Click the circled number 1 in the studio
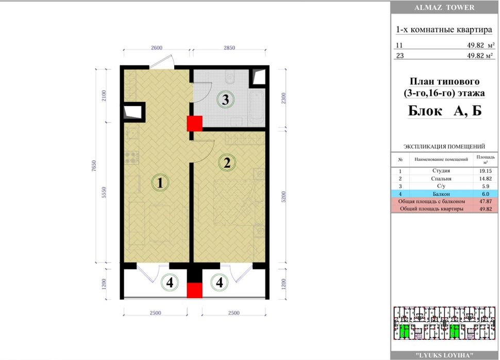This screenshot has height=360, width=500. (x=160, y=183)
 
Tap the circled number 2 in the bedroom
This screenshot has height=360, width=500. (x=227, y=163)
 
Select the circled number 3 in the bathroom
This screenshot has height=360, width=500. (x=225, y=99)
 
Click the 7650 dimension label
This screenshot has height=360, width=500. (x=93, y=166)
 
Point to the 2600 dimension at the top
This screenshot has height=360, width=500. (x=157, y=48)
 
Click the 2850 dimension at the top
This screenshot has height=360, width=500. (x=229, y=48)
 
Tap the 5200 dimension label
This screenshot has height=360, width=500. (x=284, y=197)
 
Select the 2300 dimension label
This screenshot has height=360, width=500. (x=284, y=98)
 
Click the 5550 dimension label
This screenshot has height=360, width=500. (x=104, y=193)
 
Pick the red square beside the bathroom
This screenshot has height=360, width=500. (x=194, y=124)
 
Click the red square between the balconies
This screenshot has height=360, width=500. (x=194, y=290)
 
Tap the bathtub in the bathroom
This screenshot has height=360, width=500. (x=257, y=108)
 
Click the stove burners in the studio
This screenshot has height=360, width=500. (x=131, y=157)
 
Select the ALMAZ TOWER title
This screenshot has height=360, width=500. (x=444, y=7)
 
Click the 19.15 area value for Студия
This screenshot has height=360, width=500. (x=486, y=171)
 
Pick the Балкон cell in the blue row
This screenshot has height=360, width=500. (x=441, y=194)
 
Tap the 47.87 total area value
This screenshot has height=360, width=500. (x=486, y=201)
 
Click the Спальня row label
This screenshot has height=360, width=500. (x=441, y=179)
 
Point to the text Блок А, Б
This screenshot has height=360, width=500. (x=445, y=111)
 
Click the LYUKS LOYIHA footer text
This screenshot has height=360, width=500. (x=444, y=355)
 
